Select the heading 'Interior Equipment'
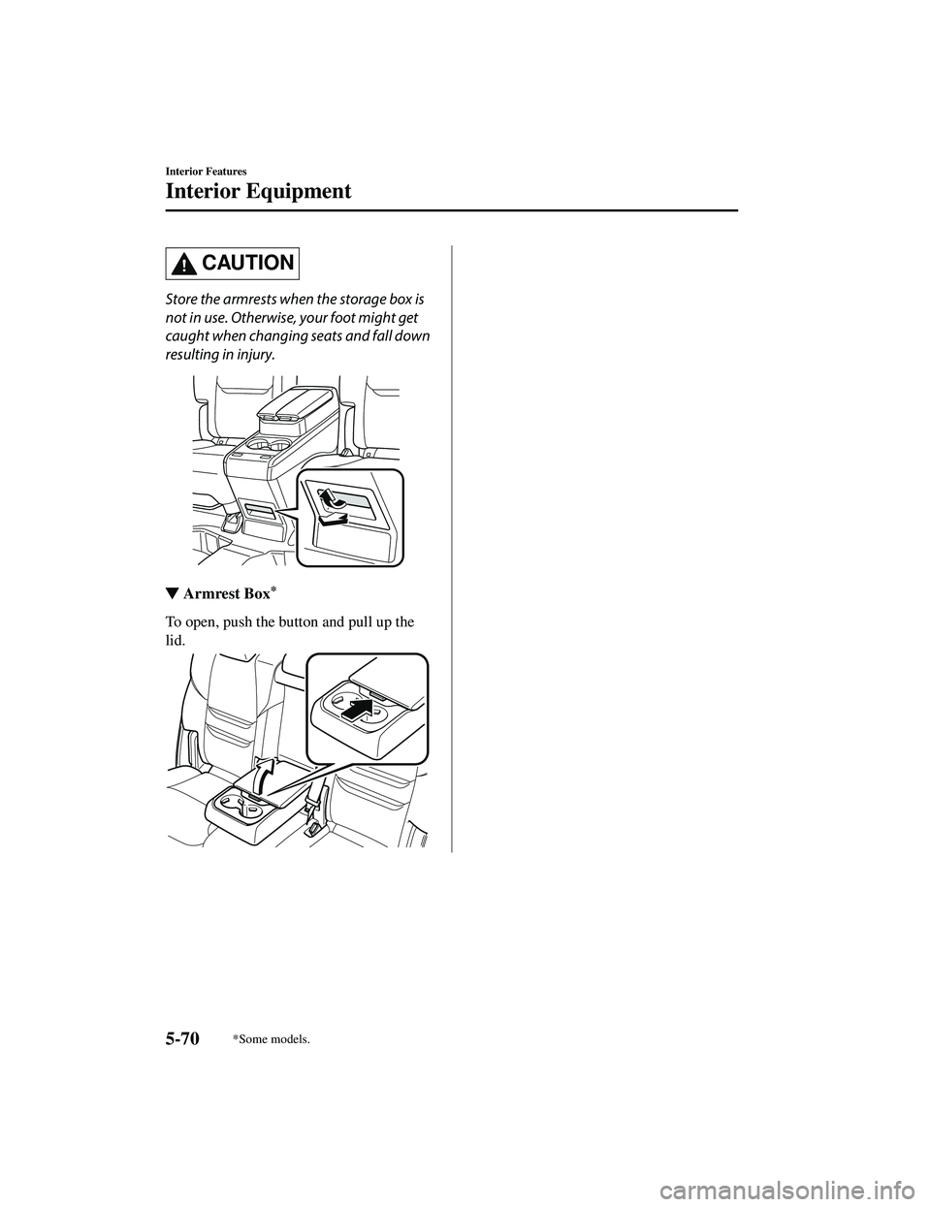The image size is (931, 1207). [258, 191]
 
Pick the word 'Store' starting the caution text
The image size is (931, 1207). [185, 297]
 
